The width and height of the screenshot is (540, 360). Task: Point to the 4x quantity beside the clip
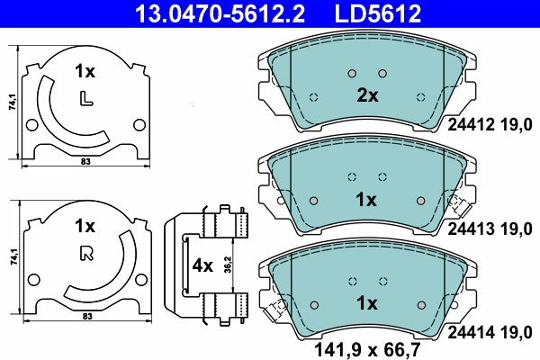[202, 266]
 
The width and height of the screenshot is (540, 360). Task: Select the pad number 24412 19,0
[490, 129]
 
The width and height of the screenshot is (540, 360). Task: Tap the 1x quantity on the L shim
[85, 70]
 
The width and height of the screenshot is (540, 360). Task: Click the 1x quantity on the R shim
[85, 225]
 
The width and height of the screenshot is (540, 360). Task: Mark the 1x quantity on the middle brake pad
[366, 198]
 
